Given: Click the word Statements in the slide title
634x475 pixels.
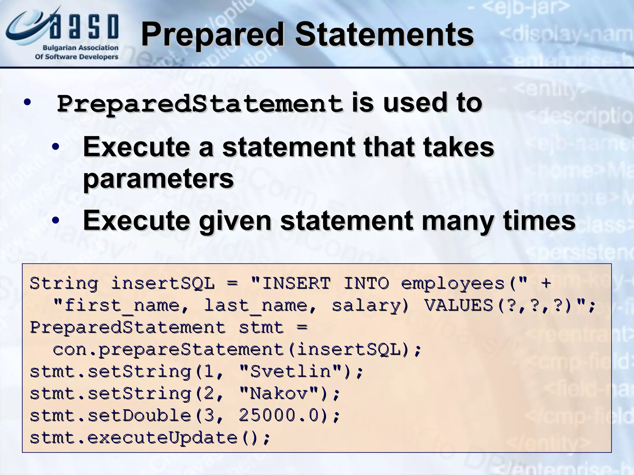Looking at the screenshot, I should click(x=384, y=35).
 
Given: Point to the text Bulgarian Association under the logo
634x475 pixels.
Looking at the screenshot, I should click(x=80, y=48).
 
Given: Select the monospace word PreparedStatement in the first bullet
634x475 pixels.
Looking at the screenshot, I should click(x=200, y=104).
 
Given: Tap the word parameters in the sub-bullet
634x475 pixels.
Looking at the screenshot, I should click(x=158, y=178).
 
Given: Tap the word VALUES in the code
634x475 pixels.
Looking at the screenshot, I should click(x=458, y=306).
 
